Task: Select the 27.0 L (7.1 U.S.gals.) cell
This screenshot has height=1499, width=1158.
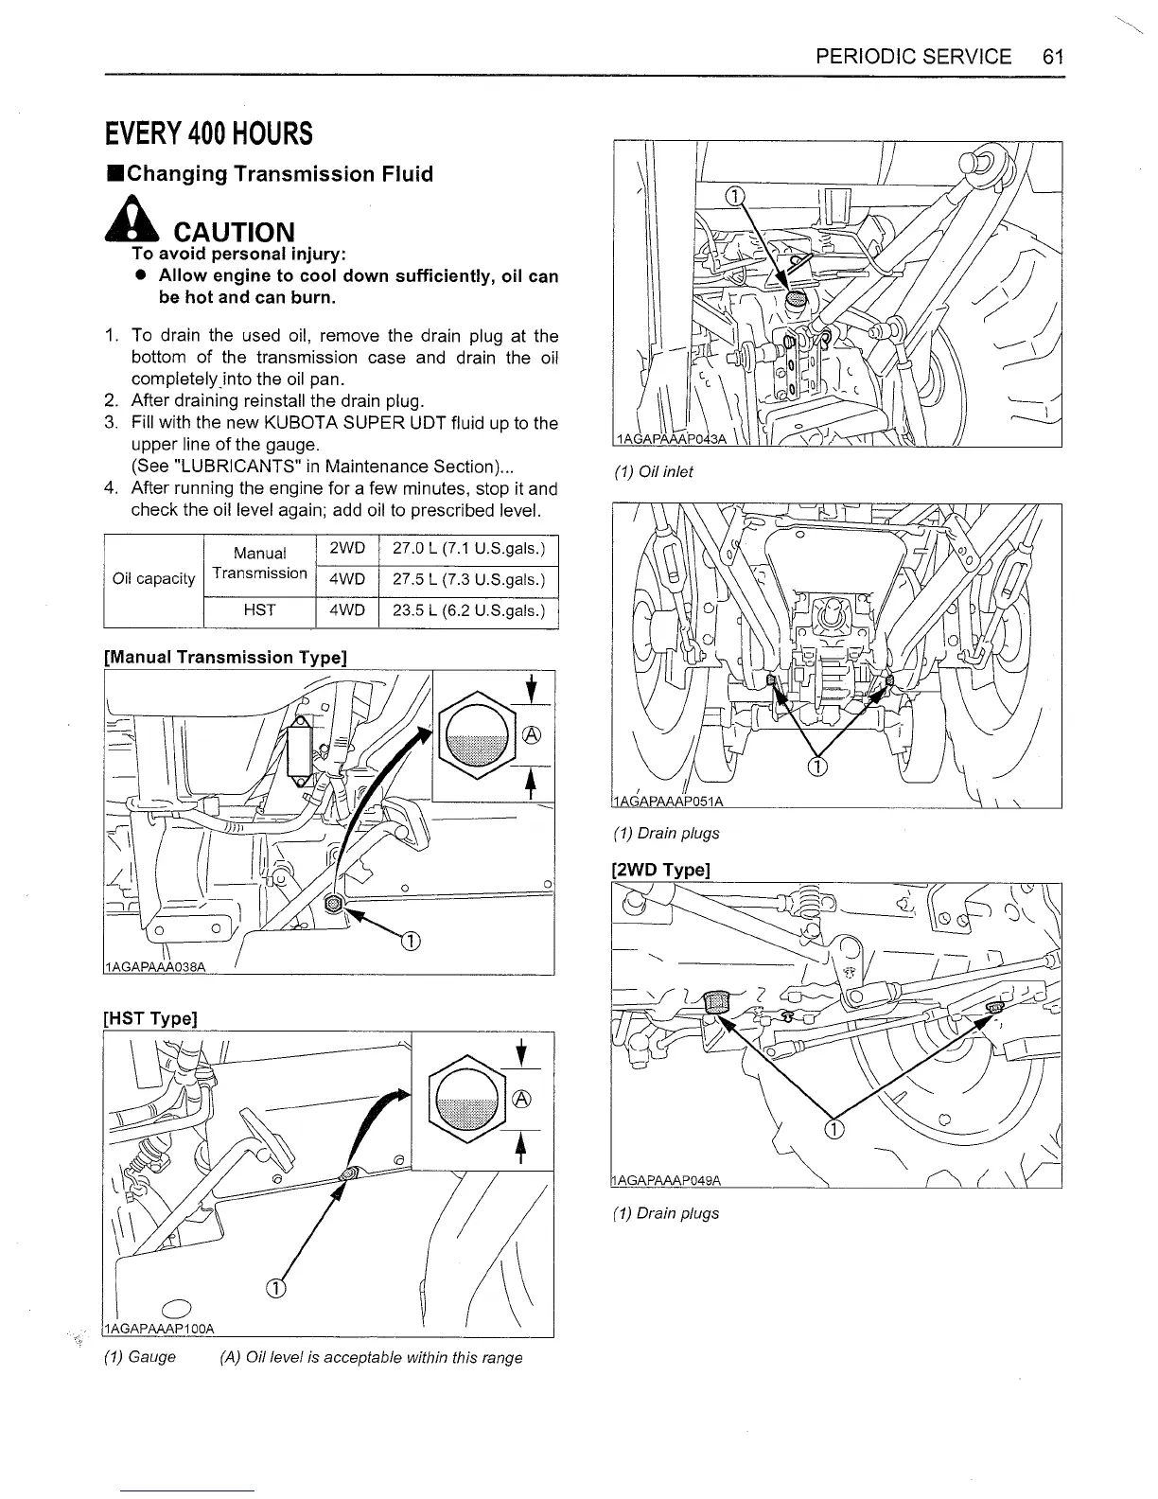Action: pyautogui.click(x=468, y=549)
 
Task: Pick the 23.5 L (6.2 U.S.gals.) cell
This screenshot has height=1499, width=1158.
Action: pyautogui.click(x=468, y=610)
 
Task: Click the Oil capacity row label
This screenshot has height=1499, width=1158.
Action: pyautogui.click(x=153, y=579)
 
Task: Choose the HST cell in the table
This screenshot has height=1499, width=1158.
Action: pyautogui.click(x=258, y=610)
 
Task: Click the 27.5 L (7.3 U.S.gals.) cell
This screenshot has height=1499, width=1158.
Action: pyautogui.click(x=468, y=579)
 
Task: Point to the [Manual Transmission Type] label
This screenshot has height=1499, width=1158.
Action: pyautogui.click(x=225, y=657)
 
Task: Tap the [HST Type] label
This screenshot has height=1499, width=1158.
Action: pyautogui.click(x=149, y=1018)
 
